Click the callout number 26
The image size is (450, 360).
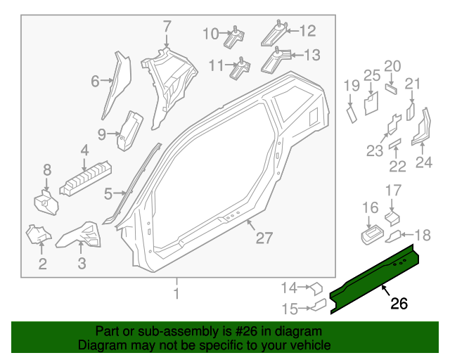tap(399, 304)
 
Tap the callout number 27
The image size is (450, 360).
tap(264, 238)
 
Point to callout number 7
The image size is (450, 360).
tap(167, 27)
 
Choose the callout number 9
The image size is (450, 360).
tap(101, 133)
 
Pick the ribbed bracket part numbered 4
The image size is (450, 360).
tap(87, 176)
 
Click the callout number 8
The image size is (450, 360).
tap(47, 169)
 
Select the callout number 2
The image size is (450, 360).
tap(43, 264)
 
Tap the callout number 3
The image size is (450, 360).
tap(82, 264)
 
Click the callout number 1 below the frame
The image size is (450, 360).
tap(176, 293)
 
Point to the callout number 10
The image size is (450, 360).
tap(211, 33)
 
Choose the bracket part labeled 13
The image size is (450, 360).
tap(276, 59)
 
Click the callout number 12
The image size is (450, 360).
tap(308, 31)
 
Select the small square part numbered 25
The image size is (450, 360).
tap(371, 103)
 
